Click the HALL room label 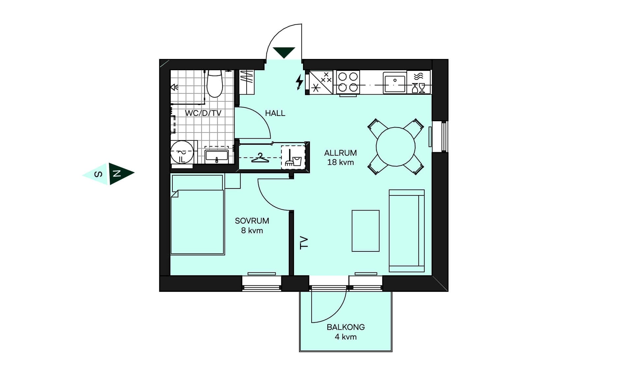[275, 113]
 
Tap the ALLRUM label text [340, 153]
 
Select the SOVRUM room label [252, 221]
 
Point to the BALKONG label [346, 327]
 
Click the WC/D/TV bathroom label [203, 113]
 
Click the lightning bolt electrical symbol [299, 82]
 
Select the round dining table [395, 147]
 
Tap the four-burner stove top [348, 82]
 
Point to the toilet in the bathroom [215, 84]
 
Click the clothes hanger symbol [260, 158]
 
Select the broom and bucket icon [293, 158]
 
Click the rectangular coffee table [365, 231]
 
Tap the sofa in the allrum [407, 231]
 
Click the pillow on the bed [197, 183]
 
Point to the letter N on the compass [116, 173]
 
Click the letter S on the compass [98, 174]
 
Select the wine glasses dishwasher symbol [418, 88]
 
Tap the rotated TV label [304, 242]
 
